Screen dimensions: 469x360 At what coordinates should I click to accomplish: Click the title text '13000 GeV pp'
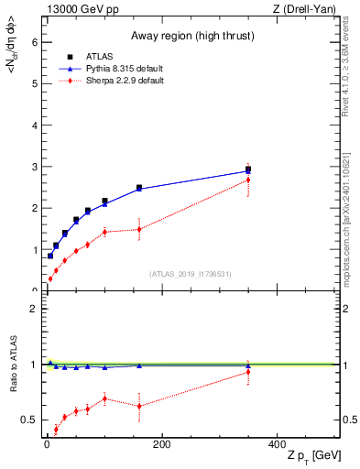[79, 9]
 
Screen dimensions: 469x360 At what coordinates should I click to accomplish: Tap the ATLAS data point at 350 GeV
[247, 169]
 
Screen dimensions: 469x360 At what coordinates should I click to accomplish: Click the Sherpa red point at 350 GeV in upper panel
[247, 180]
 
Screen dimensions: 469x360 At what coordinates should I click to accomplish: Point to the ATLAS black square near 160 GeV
[139, 188]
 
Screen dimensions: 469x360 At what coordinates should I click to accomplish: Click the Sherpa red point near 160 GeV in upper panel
[139, 229]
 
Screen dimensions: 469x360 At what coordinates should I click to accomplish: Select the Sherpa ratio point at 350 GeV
[247, 372]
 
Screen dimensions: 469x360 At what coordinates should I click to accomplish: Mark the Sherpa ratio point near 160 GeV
[139, 406]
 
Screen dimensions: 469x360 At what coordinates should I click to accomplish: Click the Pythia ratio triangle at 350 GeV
[247, 365]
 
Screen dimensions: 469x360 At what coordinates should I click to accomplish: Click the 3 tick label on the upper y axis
[34, 167]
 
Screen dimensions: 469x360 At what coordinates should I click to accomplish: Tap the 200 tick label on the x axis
[161, 444]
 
